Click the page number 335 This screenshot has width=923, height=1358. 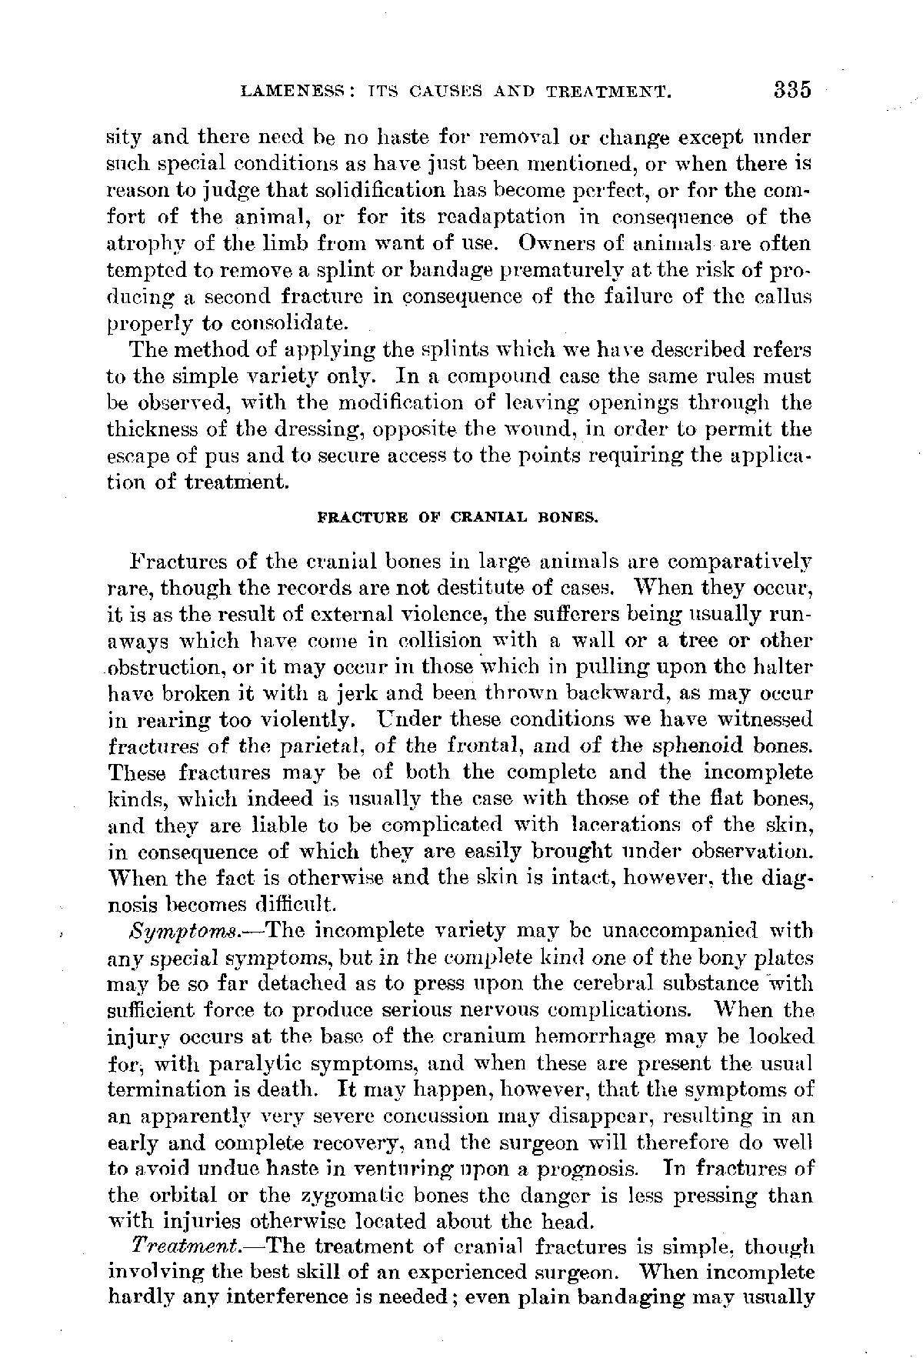[x=793, y=90]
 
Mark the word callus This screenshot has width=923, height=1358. [x=784, y=297]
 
